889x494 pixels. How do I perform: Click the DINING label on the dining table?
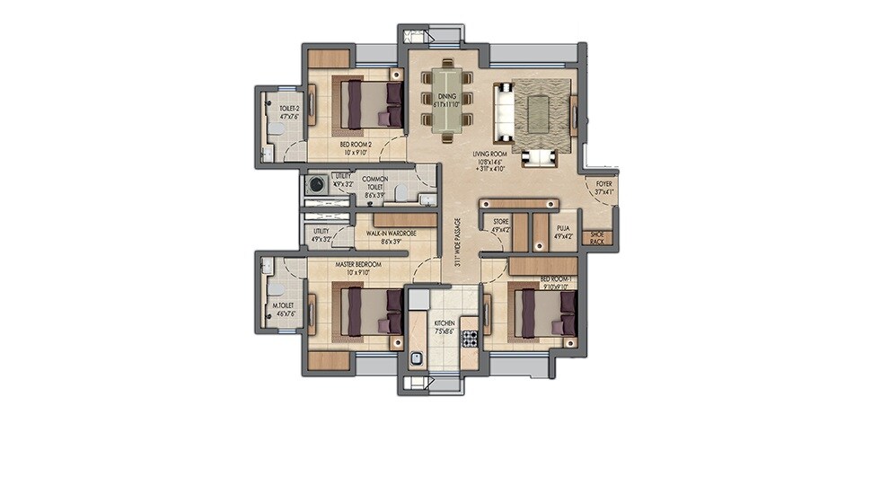coord(446,96)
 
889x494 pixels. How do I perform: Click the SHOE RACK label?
coord(595,237)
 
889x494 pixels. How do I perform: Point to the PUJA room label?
coord(563,230)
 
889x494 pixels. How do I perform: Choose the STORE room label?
coord(500,221)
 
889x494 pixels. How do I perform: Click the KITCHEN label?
coord(444,323)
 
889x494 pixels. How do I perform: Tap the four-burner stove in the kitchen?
coord(468,339)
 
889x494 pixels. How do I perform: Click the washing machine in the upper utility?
coord(315,185)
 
